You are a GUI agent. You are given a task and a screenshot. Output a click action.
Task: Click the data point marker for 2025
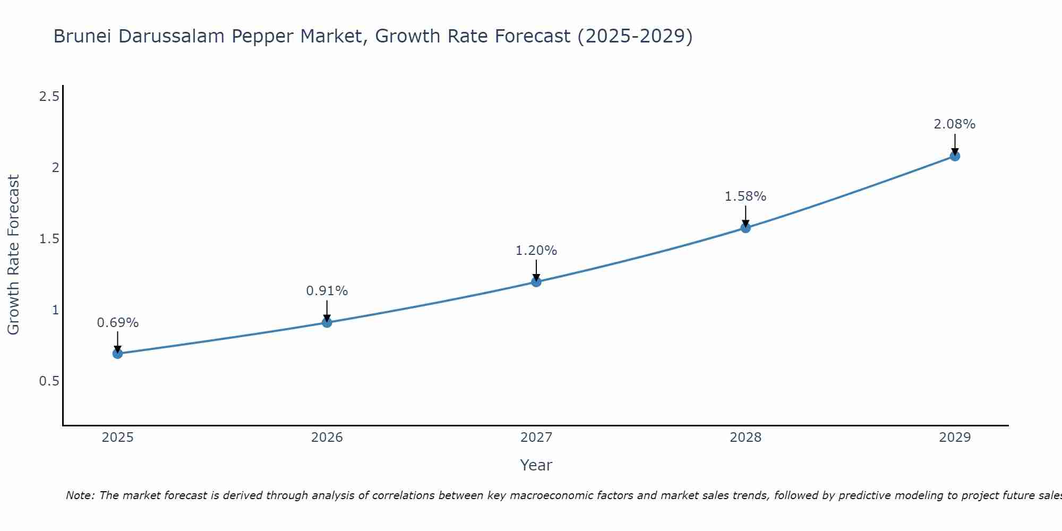[118, 354]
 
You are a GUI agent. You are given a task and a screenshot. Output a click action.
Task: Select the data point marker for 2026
[327, 322]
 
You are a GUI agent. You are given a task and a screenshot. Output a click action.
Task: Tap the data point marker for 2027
[536, 281]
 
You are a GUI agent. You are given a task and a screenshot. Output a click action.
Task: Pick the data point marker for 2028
[746, 228]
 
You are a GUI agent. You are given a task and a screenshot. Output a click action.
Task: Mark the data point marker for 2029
[955, 156]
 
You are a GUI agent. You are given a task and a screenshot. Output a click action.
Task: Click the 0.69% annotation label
[118, 323]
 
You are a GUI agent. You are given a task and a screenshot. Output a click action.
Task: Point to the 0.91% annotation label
[327, 291]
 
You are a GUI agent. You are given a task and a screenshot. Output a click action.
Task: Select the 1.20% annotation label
[536, 251]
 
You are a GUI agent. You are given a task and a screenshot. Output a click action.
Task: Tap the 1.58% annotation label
[746, 196]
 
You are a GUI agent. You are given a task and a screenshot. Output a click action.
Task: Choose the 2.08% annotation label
[955, 124]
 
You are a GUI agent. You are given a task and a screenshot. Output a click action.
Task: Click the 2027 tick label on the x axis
[536, 438]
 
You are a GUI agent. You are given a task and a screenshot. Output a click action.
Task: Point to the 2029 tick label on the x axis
[955, 438]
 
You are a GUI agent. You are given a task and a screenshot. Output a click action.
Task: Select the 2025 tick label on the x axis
[118, 438]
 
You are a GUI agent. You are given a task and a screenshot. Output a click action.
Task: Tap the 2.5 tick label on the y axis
[49, 97]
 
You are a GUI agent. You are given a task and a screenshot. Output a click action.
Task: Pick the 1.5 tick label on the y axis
[49, 239]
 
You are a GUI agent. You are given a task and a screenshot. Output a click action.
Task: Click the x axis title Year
[536, 465]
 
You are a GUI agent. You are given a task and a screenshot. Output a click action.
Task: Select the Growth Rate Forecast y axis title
[13, 255]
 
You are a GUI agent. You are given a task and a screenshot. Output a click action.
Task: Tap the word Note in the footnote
[80, 495]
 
